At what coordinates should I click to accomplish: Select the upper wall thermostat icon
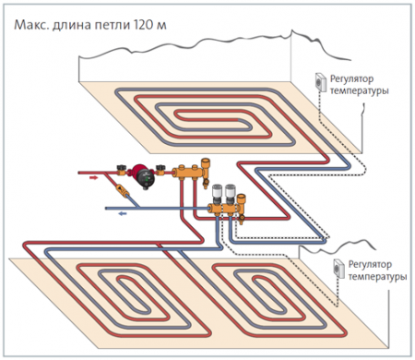click(319, 81)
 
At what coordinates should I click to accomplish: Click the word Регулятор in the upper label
click(355, 79)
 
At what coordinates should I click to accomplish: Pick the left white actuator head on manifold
click(213, 194)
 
